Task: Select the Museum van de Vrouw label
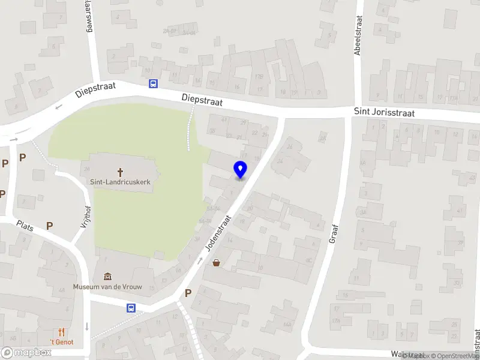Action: point(107,287)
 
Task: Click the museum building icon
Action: point(107,276)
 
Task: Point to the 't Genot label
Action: point(61,342)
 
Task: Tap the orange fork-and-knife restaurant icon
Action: point(61,331)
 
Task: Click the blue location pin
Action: point(241,170)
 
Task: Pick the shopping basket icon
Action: point(216,263)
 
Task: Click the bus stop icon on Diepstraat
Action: point(154,84)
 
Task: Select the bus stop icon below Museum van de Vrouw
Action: point(131,308)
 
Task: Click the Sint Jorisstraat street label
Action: point(384,112)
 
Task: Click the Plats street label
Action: point(25,225)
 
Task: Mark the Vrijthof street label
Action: point(85,213)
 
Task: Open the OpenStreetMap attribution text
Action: point(453,356)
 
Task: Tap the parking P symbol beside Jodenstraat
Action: point(188,293)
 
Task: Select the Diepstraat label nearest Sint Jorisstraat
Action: point(202,100)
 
